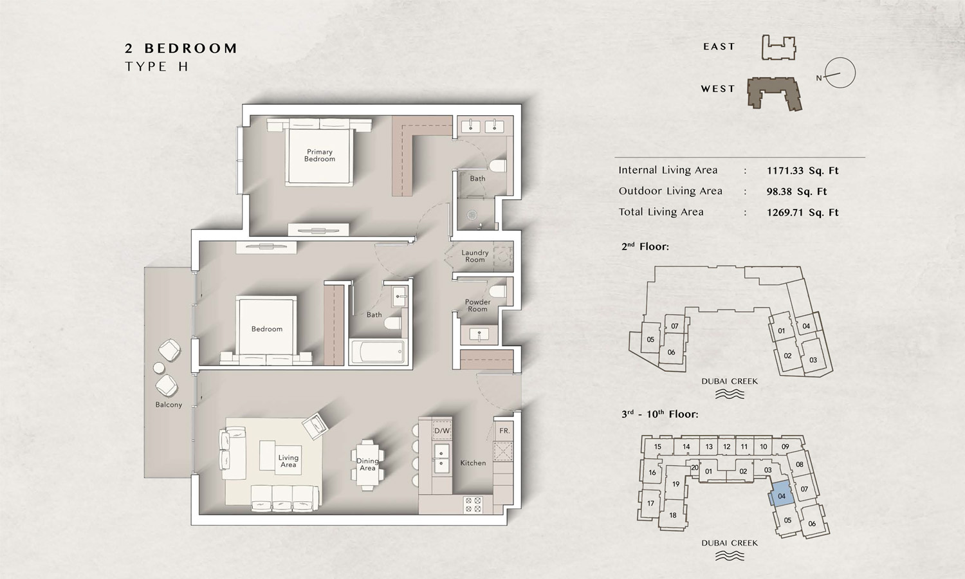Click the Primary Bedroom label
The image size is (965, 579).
(320, 156)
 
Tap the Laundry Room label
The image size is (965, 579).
(475, 256)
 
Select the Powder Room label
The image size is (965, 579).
(477, 306)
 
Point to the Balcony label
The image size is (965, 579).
(169, 405)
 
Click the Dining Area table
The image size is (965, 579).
(367, 465)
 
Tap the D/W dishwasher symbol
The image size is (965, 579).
(441, 430)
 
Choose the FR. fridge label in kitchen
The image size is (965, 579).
(504, 431)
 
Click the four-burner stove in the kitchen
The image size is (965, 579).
(473, 505)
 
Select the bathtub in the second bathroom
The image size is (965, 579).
(378, 352)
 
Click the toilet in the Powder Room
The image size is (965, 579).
(499, 291)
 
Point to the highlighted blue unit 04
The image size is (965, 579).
(780, 495)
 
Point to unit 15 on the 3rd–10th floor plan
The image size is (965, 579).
(657, 446)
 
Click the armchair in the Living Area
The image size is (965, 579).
(315, 426)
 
